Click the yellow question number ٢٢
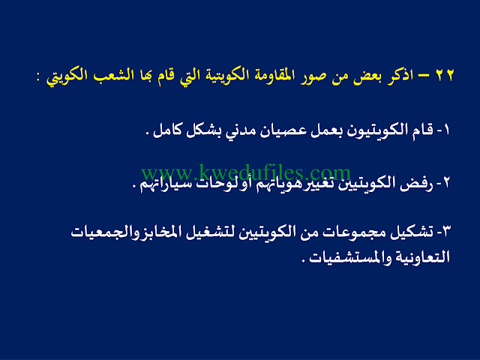[x=445, y=75]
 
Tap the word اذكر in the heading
[x=401, y=75]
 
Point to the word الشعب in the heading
[x=110, y=75]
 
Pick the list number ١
[x=446, y=130]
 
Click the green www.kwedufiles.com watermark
[x=246, y=173]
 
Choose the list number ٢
[x=445, y=183]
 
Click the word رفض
[x=416, y=184]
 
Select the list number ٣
[x=446, y=232]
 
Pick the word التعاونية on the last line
[x=422, y=257]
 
